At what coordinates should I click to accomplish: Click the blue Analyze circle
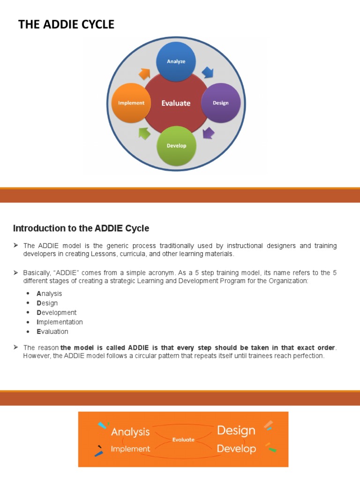[x=176, y=61]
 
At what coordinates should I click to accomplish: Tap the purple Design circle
[x=220, y=103]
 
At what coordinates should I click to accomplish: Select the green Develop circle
[x=176, y=145]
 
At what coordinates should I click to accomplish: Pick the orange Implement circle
[x=131, y=103]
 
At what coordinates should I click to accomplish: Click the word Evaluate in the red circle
[x=176, y=103]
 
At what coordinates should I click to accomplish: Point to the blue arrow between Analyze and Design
[x=207, y=73]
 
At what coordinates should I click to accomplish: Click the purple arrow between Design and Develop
[x=208, y=133]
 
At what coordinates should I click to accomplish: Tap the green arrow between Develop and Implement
[x=145, y=133]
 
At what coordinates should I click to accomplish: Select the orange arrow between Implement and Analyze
[x=144, y=74]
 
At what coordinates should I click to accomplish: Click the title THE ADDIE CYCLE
[x=66, y=25]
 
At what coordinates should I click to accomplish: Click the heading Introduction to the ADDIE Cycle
[x=81, y=228]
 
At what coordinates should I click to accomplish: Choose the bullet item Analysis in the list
[x=49, y=293]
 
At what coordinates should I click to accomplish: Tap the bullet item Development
[x=56, y=312]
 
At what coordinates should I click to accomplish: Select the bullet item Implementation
[x=60, y=322]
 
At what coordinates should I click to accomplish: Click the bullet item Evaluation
[x=52, y=331]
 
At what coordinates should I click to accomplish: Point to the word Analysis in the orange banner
[x=130, y=432]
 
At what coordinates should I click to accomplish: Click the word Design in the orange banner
[x=236, y=430]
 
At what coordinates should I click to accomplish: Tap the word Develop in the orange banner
[x=236, y=449]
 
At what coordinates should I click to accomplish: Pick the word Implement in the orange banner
[x=130, y=449]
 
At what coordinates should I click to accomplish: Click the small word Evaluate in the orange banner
[x=183, y=440]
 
